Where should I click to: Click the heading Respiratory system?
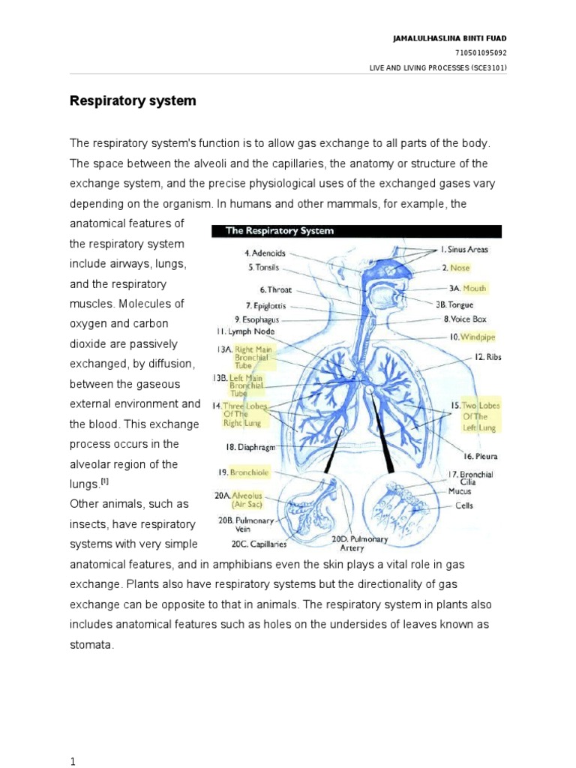133,100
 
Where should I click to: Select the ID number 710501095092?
481,52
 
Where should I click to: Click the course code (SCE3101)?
488,67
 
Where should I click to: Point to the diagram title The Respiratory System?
280,231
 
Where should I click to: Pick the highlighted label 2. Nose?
455,267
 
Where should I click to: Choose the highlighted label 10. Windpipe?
472,337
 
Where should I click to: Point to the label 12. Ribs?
487,358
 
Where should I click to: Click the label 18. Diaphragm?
252,446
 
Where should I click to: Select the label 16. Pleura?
480,455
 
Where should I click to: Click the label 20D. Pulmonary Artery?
359,543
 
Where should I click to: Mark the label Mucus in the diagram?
459,491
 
